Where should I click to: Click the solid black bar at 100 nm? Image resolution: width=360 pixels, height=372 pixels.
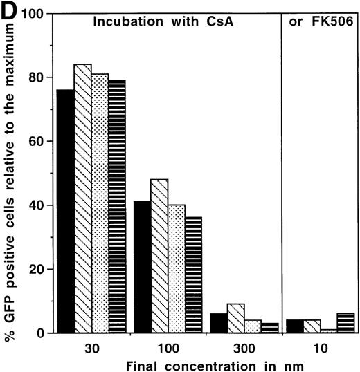pyautogui.click(x=142, y=267)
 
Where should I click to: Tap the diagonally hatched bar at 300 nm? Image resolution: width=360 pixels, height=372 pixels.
pyautogui.click(x=236, y=319)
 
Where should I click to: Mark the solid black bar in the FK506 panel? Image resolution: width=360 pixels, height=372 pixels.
pyautogui.click(x=292, y=326)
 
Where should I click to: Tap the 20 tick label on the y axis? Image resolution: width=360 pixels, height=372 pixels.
pyautogui.click(x=42, y=269)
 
